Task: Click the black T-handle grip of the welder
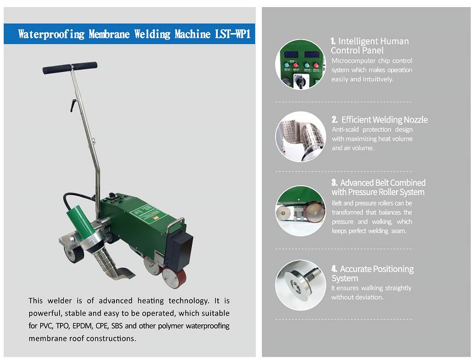(x=70, y=68)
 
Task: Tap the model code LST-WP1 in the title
(x=233, y=34)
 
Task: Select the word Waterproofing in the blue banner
(x=51, y=35)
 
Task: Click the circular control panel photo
(x=300, y=64)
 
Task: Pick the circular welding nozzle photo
(x=300, y=137)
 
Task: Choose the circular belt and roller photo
(x=300, y=211)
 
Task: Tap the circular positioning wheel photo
(x=300, y=285)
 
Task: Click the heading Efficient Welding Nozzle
(x=380, y=120)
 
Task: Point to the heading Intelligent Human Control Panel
(x=370, y=46)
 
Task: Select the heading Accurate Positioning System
(x=372, y=274)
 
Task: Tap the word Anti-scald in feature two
(x=345, y=129)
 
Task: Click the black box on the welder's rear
(x=179, y=251)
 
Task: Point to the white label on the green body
(x=148, y=213)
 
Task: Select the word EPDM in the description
(x=82, y=326)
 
